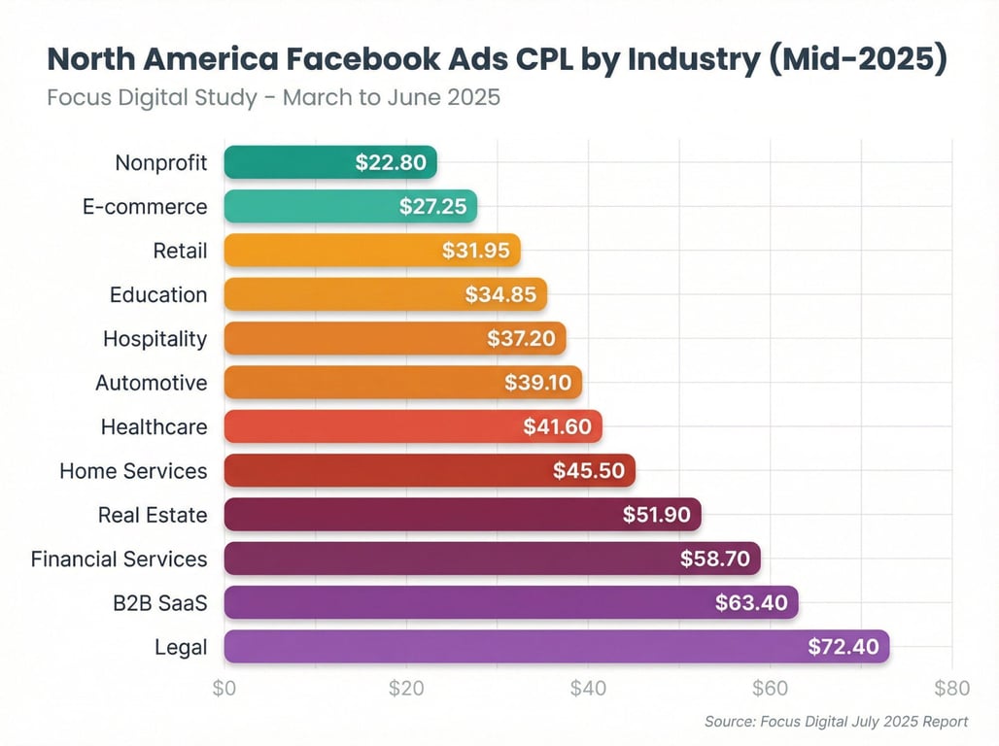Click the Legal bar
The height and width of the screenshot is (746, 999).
556,647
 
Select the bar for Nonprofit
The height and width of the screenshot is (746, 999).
330,162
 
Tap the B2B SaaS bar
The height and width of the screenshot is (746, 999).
510,602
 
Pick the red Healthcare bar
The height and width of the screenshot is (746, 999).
413,425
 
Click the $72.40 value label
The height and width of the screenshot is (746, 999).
843,647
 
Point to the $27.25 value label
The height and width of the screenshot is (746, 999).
432,207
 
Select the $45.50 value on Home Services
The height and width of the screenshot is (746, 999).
589,470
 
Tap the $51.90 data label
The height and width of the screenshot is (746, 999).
656,515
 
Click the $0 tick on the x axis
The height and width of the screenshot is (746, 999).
224,689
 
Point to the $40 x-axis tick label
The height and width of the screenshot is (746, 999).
588,689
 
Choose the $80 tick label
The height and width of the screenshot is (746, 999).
951,689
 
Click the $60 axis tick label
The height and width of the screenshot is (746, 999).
770,689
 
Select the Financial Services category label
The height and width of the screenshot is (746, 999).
119,559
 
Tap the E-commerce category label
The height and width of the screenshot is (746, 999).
145,207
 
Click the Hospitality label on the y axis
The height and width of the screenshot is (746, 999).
155,338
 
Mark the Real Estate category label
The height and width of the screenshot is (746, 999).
153,515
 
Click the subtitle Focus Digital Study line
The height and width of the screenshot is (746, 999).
273,98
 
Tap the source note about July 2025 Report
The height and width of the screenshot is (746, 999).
836,722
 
